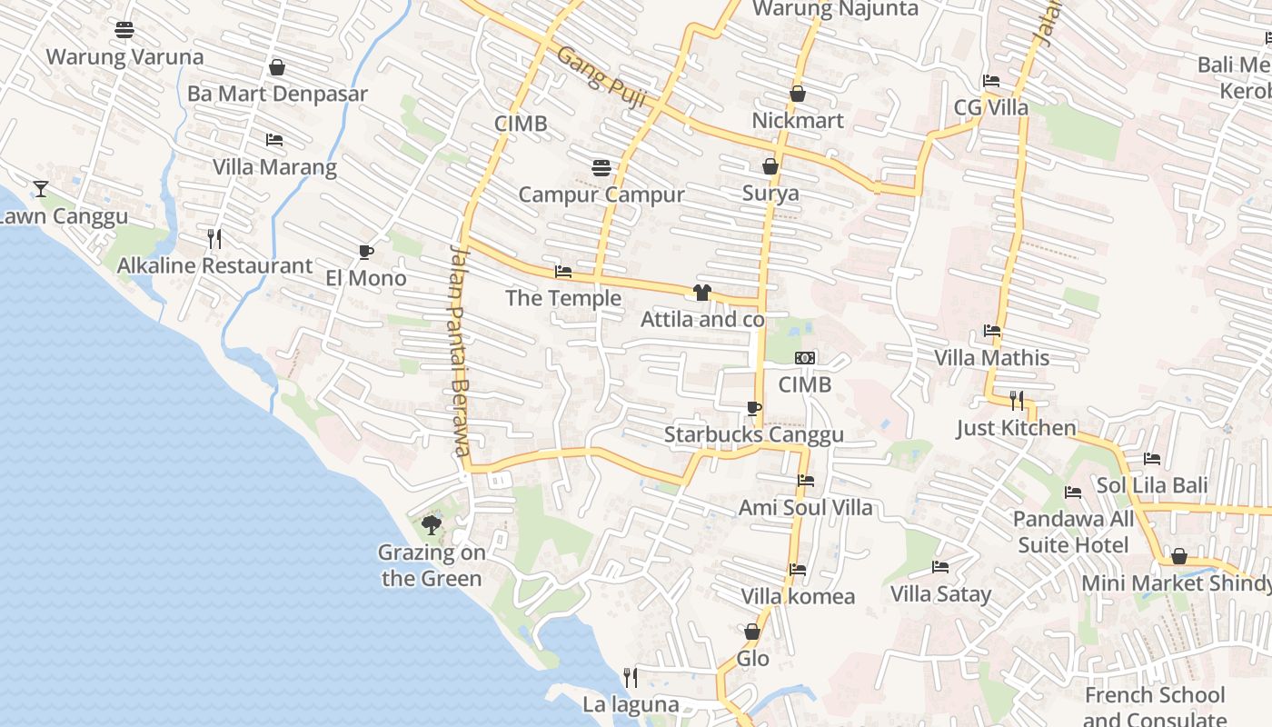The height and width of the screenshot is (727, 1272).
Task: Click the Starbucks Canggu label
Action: click(x=753, y=434)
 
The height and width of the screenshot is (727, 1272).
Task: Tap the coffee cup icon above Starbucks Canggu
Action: click(x=753, y=408)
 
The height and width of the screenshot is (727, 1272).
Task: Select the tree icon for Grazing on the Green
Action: click(x=432, y=524)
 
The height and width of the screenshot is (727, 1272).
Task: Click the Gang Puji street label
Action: click(x=601, y=77)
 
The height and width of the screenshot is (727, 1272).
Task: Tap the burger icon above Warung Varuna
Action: click(x=124, y=30)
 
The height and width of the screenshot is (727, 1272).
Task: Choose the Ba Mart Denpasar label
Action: click(x=277, y=94)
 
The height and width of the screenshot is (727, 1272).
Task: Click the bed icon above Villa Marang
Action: click(x=273, y=140)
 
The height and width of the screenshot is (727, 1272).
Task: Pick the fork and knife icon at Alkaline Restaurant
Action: click(x=214, y=239)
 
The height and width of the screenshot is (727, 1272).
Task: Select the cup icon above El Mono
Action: click(x=365, y=252)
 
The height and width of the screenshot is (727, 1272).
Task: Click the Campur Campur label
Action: click(x=601, y=194)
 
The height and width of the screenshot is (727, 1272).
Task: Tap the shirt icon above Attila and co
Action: click(x=701, y=293)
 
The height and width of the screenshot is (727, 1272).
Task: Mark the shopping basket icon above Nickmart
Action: click(x=797, y=94)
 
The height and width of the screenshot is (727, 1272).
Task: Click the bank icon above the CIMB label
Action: click(x=805, y=358)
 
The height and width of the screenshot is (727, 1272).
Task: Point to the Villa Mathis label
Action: click(x=992, y=358)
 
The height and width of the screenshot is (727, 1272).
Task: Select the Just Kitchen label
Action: click(x=1016, y=428)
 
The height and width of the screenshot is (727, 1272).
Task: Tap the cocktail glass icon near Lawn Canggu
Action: click(x=41, y=189)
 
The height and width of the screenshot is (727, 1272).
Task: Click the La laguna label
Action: click(x=631, y=704)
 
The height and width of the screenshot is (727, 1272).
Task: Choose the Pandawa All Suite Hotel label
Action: click(x=1073, y=532)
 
